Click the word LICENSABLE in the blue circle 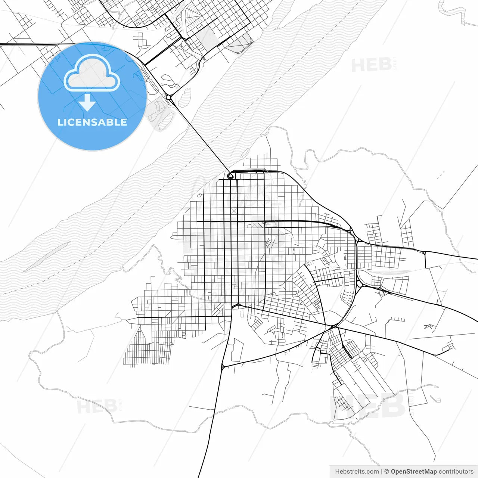[92, 122]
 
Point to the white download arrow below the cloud [87, 103]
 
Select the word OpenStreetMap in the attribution [414, 472]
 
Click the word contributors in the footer [456, 472]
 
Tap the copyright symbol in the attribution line [387, 472]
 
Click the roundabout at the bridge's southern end [230, 175]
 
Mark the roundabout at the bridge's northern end [169, 97]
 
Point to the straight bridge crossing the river [200, 136]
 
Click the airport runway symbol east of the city [428, 326]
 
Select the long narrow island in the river [47, 257]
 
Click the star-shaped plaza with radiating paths [234, 211]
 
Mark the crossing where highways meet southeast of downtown [333, 327]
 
